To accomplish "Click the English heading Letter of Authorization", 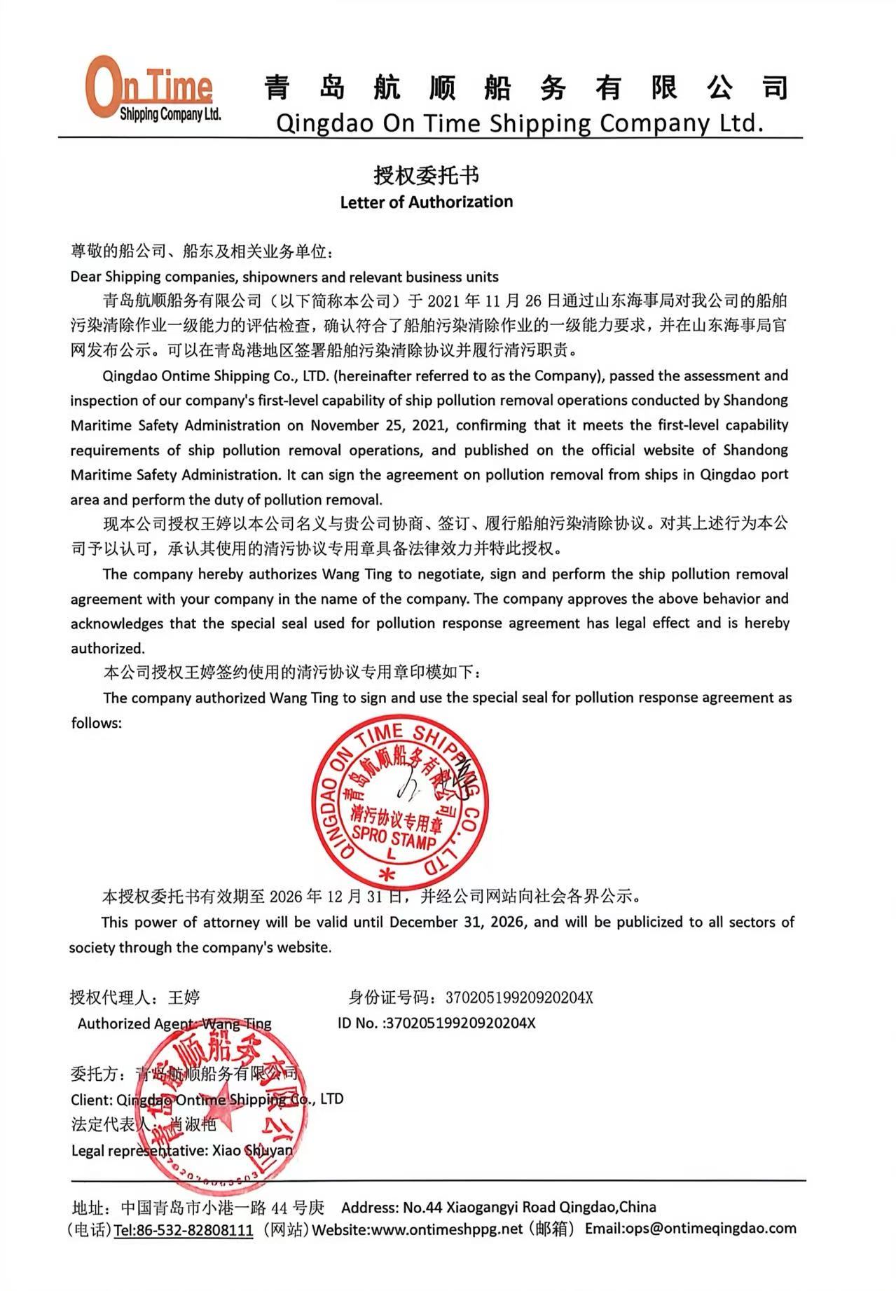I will click(426, 202).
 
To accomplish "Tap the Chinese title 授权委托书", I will click(426, 174).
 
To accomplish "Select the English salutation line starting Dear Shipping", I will click(284, 276).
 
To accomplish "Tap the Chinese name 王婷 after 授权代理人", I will click(184, 997).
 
